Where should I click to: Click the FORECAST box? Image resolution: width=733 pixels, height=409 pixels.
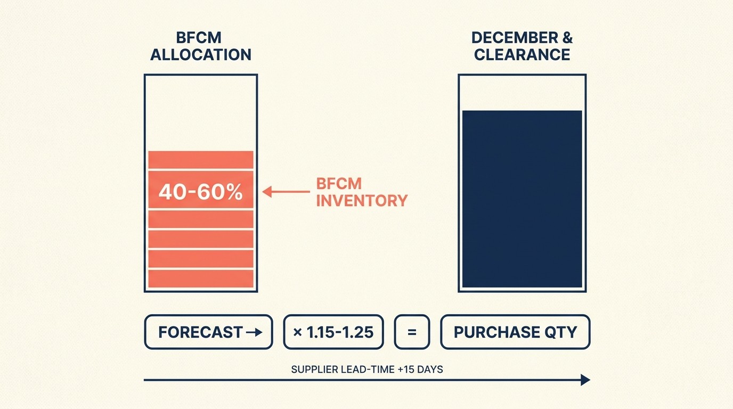(208, 332)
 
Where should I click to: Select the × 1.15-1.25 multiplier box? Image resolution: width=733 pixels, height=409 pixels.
(333, 332)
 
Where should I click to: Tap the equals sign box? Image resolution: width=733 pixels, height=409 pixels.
(411, 332)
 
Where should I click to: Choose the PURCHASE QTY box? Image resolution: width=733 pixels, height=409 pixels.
(515, 332)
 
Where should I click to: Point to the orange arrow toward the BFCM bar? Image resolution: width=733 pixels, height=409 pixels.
(286, 191)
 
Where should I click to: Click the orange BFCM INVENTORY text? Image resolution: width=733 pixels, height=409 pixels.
(362, 192)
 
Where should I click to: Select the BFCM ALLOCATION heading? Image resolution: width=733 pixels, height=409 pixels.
(200, 46)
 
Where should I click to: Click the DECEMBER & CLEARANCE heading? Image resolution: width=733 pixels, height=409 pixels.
(522, 46)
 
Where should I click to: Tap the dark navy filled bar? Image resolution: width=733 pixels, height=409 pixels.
(522, 199)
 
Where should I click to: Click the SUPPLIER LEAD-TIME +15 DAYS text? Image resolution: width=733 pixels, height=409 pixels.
(367, 369)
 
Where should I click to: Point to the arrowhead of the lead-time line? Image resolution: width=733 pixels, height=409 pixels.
(585, 380)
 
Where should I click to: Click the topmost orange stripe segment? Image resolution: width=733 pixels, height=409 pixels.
(200, 160)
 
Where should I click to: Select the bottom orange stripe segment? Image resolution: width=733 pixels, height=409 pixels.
(200, 279)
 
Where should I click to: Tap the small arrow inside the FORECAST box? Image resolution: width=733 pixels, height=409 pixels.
(255, 332)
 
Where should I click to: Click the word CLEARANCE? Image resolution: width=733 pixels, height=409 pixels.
(522, 54)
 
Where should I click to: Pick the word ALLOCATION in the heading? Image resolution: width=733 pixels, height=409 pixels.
(200, 54)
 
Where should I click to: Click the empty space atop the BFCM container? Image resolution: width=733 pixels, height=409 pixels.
(200, 112)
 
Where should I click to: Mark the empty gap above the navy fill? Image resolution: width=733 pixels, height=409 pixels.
(522, 93)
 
